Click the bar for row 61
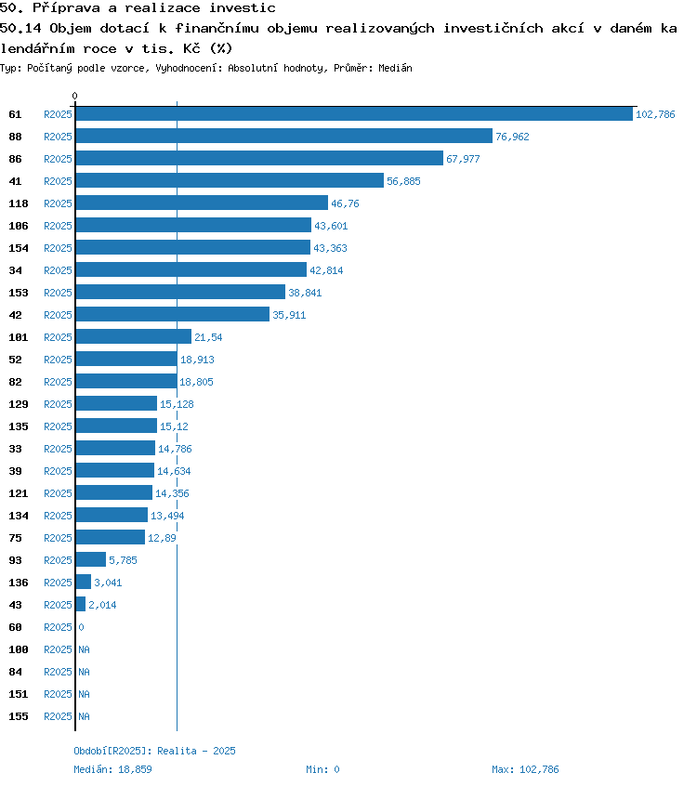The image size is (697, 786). click(x=353, y=114)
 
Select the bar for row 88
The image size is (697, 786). click(x=283, y=137)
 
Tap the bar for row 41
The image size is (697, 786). click(x=230, y=181)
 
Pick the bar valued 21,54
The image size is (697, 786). click(x=133, y=337)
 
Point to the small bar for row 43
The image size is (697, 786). click(x=81, y=605)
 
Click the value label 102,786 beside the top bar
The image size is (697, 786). click(x=655, y=114)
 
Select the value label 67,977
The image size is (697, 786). click(x=464, y=159)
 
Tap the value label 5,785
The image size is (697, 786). click(x=124, y=560)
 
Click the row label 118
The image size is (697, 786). click(x=19, y=203)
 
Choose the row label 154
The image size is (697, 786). click(x=19, y=248)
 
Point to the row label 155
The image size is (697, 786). click(x=19, y=716)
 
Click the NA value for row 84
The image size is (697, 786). click(x=84, y=672)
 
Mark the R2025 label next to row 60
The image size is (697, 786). click(x=58, y=627)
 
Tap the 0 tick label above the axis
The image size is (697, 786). click(x=75, y=96)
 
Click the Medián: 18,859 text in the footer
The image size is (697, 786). click(x=112, y=769)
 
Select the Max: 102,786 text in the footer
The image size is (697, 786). click(x=525, y=769)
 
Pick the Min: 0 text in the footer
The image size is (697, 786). click(x=322, y=769)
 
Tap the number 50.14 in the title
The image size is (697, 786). click(x=19, y=28)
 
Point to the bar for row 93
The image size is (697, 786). click(x=91, y=560)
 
